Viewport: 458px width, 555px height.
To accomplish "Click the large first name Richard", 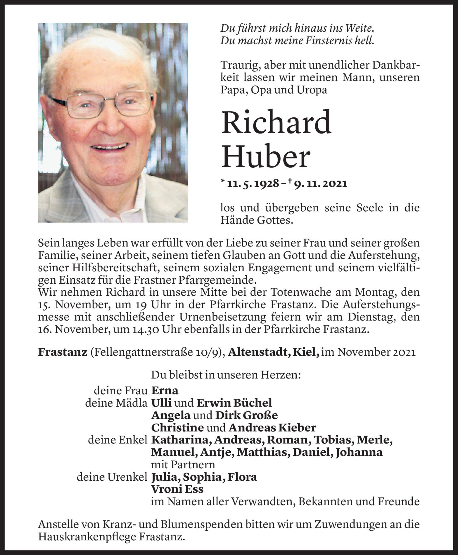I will (276, 122).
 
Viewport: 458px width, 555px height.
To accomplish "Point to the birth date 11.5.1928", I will (253, 184).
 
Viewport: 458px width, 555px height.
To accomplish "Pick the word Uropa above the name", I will (313, 90).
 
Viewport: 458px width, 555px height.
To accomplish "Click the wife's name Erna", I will (165, 390).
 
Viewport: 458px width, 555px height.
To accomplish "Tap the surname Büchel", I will (253, 403).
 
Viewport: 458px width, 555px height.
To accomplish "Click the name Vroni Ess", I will (177, 489).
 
